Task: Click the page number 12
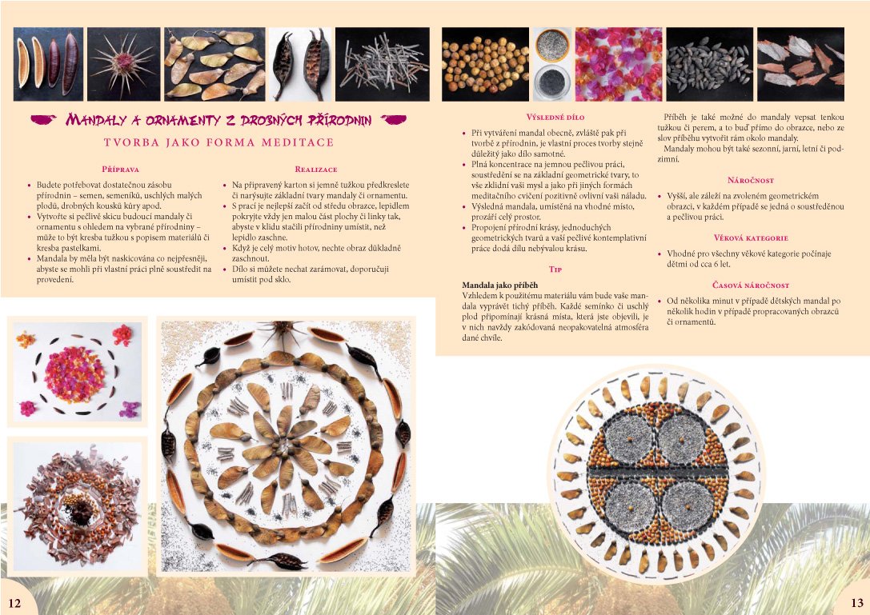click(x=14, y=603)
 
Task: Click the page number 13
click(x=856, y=603)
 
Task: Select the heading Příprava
click(x=120, y=169)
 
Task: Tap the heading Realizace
click(x=315, y=169)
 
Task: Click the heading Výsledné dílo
click(x=555, y=117)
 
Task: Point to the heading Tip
click(x=555, y=269)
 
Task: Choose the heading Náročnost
click(x=750, y=180)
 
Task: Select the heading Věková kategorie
click(x=751, y=238)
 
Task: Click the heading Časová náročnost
click(x=751, y=285)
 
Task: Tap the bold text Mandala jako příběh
click(x=500, y=285)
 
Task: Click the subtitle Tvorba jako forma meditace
click(x=219, y=142)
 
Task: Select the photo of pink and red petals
click(x=619, y=64)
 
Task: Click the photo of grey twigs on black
click(x=383, y=64)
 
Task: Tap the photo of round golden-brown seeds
click(x=486, y=64)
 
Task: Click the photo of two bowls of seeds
click(x=552, y=64)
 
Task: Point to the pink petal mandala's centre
click(x=74, y=373)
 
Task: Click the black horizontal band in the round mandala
click(x=657, y=471)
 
